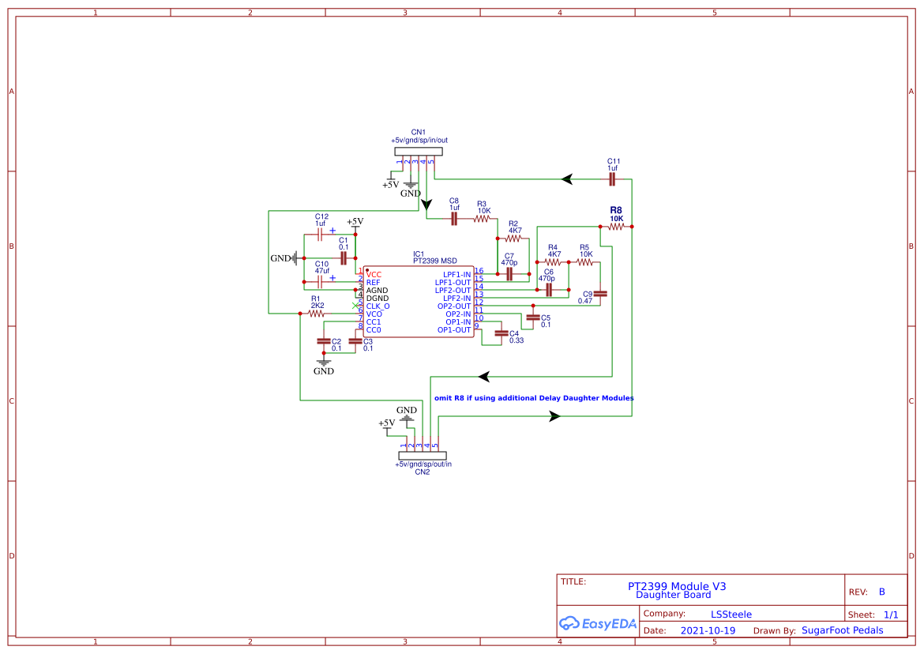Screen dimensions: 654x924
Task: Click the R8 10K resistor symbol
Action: (616, 227)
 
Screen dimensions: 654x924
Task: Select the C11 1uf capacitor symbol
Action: (612, 180)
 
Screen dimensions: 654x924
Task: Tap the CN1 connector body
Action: (418, 152)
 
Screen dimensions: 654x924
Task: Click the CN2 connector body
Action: (423, 456)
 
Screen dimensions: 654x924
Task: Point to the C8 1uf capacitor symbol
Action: (454, 219)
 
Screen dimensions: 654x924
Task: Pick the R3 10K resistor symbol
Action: (483, 219)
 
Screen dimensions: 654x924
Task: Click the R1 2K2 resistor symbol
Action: (317, 314)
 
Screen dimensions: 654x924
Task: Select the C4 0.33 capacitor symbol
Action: (500, 333)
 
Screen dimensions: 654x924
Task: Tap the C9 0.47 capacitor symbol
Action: (600, 293)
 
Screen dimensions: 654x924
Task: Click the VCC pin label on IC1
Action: (374, 275)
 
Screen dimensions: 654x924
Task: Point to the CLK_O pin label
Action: (377, 306)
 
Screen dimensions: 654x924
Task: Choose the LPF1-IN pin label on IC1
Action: (454, 275)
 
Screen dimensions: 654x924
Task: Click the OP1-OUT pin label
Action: (454, 330)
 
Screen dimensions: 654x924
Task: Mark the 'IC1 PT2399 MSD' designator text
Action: (434, 257)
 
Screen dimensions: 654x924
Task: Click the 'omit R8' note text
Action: (534, 398)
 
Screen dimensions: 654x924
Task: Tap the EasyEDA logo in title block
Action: (597, 623)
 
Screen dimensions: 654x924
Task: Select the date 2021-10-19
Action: (708, 631)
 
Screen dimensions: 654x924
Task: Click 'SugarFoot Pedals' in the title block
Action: (842, 630)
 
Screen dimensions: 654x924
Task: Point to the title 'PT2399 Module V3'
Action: (677, 586)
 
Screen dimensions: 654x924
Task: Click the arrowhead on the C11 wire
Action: (566, 179)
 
